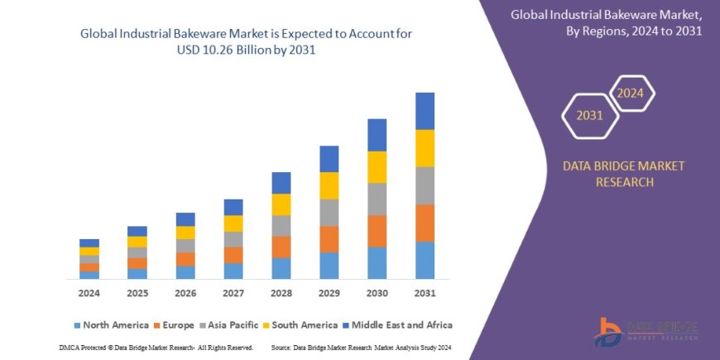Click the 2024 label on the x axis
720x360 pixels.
pos(89,293)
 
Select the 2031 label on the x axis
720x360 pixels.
pos(425,293)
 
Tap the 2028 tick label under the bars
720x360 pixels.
pos(281,293)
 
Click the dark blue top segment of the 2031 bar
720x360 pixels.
pos(425,111)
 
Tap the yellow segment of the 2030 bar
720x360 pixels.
pos(377,167)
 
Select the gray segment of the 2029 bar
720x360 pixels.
pos(329,213)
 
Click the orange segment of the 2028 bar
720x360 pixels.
pos(281,247)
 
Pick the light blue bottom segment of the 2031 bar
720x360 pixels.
pos(425,260)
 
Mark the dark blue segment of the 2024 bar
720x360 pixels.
pos(89,242)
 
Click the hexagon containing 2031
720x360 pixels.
pos(589,117)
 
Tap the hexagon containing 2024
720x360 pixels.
pos(631,93)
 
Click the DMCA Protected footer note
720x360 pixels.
pos(156,348)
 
